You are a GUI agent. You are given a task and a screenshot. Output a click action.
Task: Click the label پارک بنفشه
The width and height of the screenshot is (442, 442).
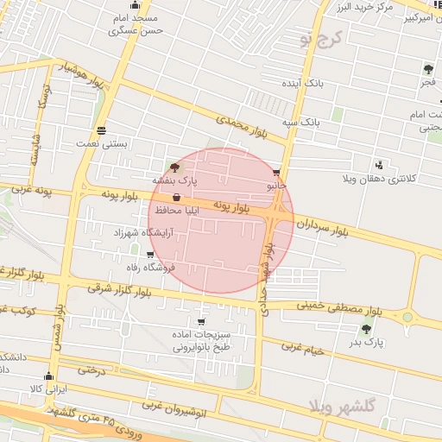pyautogui.click(x=176, y=181)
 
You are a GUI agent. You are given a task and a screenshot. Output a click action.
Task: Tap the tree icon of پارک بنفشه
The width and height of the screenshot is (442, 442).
pyautogui.click(x=176, y=167)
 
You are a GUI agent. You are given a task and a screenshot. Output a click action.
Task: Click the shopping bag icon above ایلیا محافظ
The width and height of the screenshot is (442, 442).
pyautogui.click(x=176, y=198)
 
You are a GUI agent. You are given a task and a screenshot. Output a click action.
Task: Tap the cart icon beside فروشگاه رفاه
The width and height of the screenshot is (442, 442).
pyautogui.click(x=150, y=255)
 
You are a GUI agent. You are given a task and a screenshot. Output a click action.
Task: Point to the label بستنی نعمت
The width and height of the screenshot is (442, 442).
pyautogui.click(x=102, y=144)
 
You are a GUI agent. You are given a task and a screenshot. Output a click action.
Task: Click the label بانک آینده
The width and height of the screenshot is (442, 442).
pyautogui.click(x=302, y=84)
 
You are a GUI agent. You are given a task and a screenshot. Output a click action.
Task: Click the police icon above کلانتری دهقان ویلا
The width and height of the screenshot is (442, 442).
pyautogui.click(x=379, y=165)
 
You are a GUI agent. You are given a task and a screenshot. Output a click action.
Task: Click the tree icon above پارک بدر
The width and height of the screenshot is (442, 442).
pyautogui.click(x=367, y=329)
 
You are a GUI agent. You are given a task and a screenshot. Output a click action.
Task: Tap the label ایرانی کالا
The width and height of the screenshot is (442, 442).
pyautogui.click(x=48, y=390)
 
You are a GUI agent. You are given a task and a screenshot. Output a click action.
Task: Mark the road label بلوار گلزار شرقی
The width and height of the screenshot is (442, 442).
pyautogui.click(x=129, y=287)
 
